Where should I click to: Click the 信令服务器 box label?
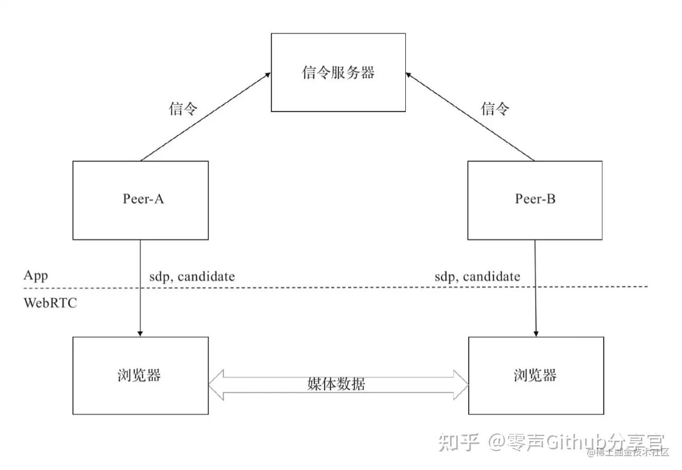point(338,73)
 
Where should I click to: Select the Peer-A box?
point(140,200)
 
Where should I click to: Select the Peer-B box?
point(535,200)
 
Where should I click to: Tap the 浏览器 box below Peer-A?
point(140,375)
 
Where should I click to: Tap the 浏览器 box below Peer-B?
point(536,375)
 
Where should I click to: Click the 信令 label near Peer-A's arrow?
point(183,109)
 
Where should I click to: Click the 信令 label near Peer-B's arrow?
point(495,109)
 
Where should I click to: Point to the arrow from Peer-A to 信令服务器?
point(206,117)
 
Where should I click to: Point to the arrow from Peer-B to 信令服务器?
point(471,117)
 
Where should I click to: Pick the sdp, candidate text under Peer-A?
point(192,277)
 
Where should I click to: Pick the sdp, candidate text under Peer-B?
point(477,277)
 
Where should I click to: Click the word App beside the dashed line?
point(35,275)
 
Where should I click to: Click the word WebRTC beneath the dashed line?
point(50,303)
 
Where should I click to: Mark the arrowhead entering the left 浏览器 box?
point(140,333)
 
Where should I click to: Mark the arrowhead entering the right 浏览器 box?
point(536,333)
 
